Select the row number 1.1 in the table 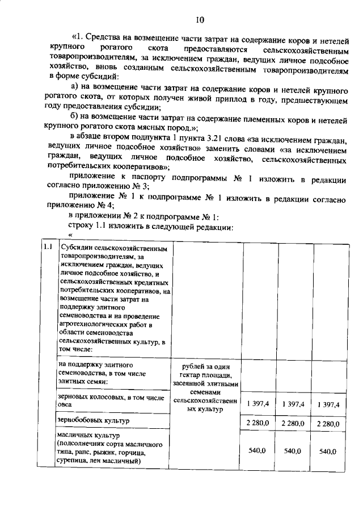[x=48, y=248]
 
